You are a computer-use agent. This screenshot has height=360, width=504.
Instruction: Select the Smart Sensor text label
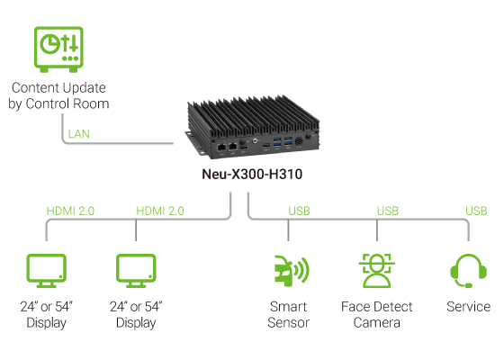click(289, 314)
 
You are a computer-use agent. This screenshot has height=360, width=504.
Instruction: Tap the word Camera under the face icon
click(375, 322)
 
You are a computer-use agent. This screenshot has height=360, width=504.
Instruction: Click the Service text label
click(468, 307)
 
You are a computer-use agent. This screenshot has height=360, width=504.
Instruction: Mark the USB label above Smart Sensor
click(299, 211)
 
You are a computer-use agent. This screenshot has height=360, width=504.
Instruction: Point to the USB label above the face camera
click(388, 211)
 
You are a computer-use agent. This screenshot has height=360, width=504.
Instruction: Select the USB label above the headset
click(477, 211)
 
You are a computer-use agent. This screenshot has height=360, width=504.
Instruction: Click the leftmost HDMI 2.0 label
click(71, 211)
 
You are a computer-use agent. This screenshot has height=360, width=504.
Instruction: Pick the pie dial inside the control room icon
click(50, 44)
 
